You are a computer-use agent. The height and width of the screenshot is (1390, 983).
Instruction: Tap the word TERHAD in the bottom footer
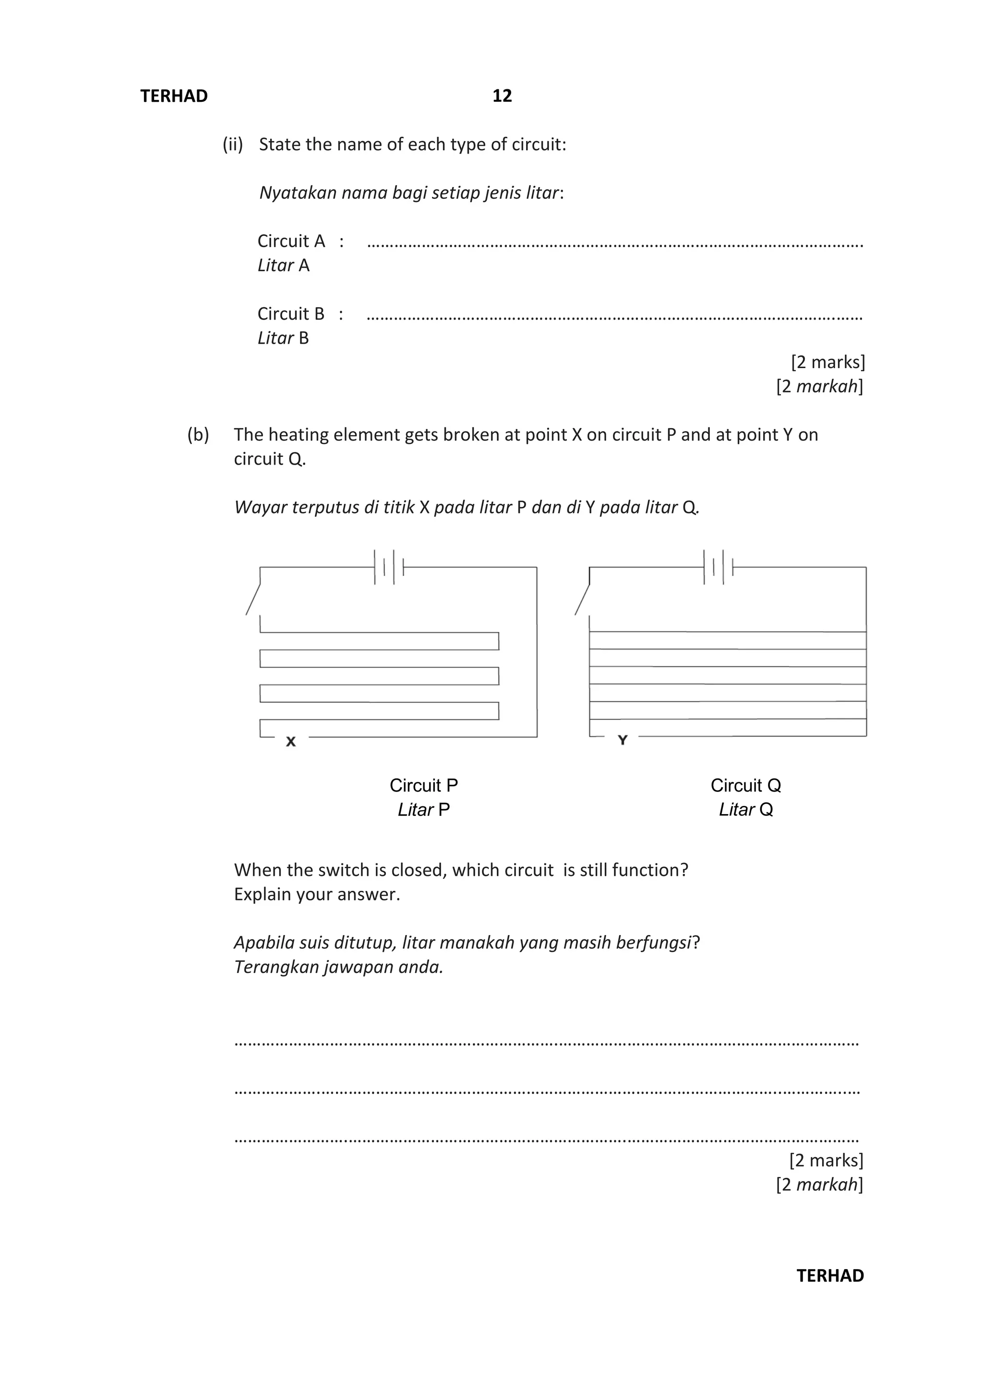830,1276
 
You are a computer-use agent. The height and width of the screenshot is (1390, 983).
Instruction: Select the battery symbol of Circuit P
389,567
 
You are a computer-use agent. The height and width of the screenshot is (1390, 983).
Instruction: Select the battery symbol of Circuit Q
718,567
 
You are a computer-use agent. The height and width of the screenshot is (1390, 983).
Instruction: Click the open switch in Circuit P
253,599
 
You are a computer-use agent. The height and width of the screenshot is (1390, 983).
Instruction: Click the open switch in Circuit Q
582,599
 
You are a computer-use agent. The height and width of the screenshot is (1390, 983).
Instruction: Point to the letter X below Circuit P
290,742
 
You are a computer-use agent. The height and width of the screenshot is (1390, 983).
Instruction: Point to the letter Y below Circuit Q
622,740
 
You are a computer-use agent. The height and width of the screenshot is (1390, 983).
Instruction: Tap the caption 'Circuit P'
424,785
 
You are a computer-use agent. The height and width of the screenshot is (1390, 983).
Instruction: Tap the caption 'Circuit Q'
746,785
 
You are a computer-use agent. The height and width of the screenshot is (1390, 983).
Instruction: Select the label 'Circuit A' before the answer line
291,241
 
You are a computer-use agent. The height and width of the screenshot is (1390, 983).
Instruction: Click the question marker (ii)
232,144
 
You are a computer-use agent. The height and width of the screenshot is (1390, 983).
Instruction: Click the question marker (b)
198,435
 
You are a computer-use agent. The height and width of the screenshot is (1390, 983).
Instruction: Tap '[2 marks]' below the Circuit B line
827,362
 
